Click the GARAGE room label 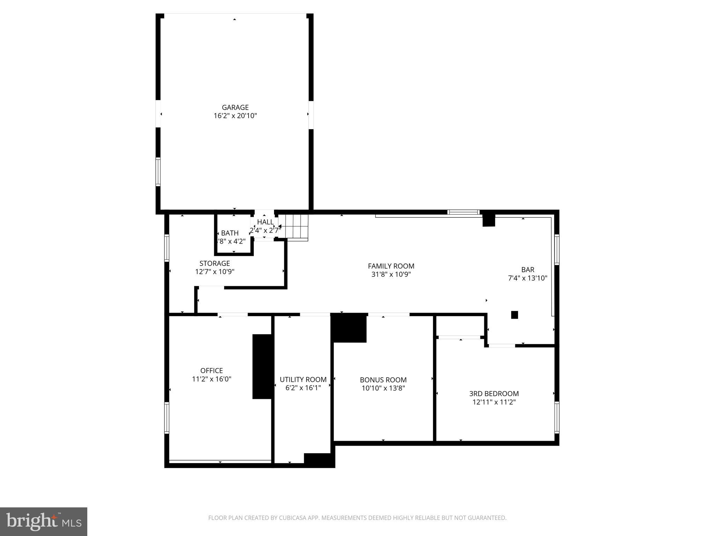click(235, 107)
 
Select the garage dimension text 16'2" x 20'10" click(235, 116)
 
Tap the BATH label click(230, 233)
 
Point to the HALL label click(265, 222)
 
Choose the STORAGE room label click(214, 263)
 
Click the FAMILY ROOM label click(391, 266)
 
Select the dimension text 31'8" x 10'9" click(391, 275)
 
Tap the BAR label click(528, 270)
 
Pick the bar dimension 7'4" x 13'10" click(528, 278)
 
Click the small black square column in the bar click(514, 315)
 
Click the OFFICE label click(212, 371)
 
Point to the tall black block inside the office click(262, 366)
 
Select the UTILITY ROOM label click(303, 380)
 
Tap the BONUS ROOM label click(383, 380)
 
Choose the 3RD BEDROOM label click(494, 394)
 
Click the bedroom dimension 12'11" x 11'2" click(494, 402)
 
